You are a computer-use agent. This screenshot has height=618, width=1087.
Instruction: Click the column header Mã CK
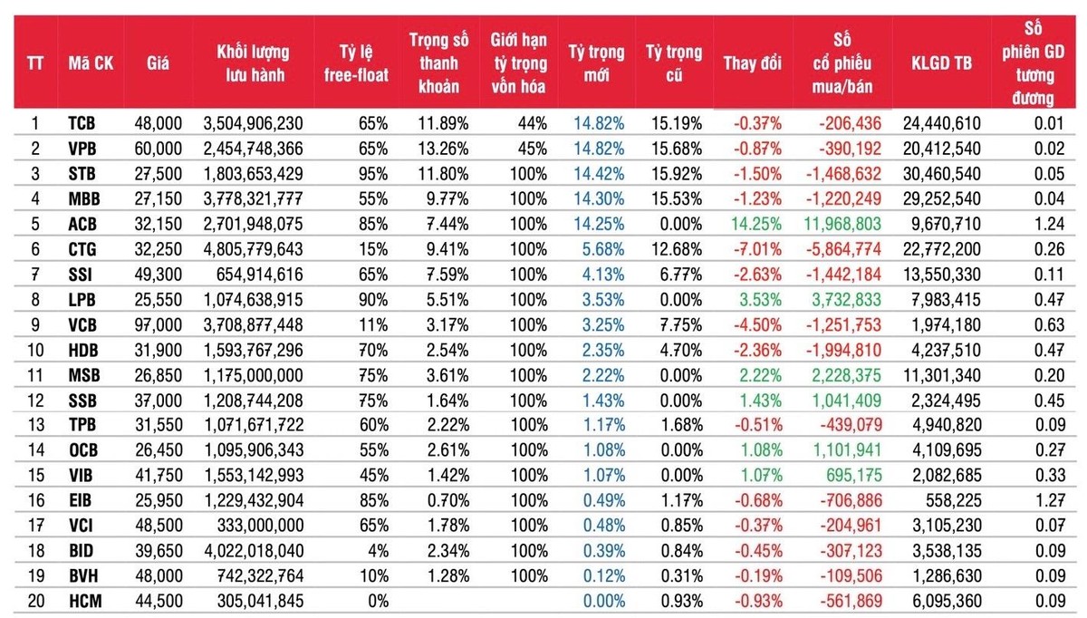pyautogui.click(x=90, y=63)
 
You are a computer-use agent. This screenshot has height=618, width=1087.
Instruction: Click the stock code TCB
pyautogui.click(x=82, y=123)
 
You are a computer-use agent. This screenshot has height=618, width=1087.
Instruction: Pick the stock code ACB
pyautogui.click(x=82, y=222)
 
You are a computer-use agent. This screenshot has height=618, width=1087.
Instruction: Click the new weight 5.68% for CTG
pyautogui.click(x=598, y=247)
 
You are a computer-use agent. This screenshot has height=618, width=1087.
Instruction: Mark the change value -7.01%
pyautogui.click(x=757, y=247)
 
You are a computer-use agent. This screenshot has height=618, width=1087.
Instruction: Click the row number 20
pyautogui.click(x=36, y=599)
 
